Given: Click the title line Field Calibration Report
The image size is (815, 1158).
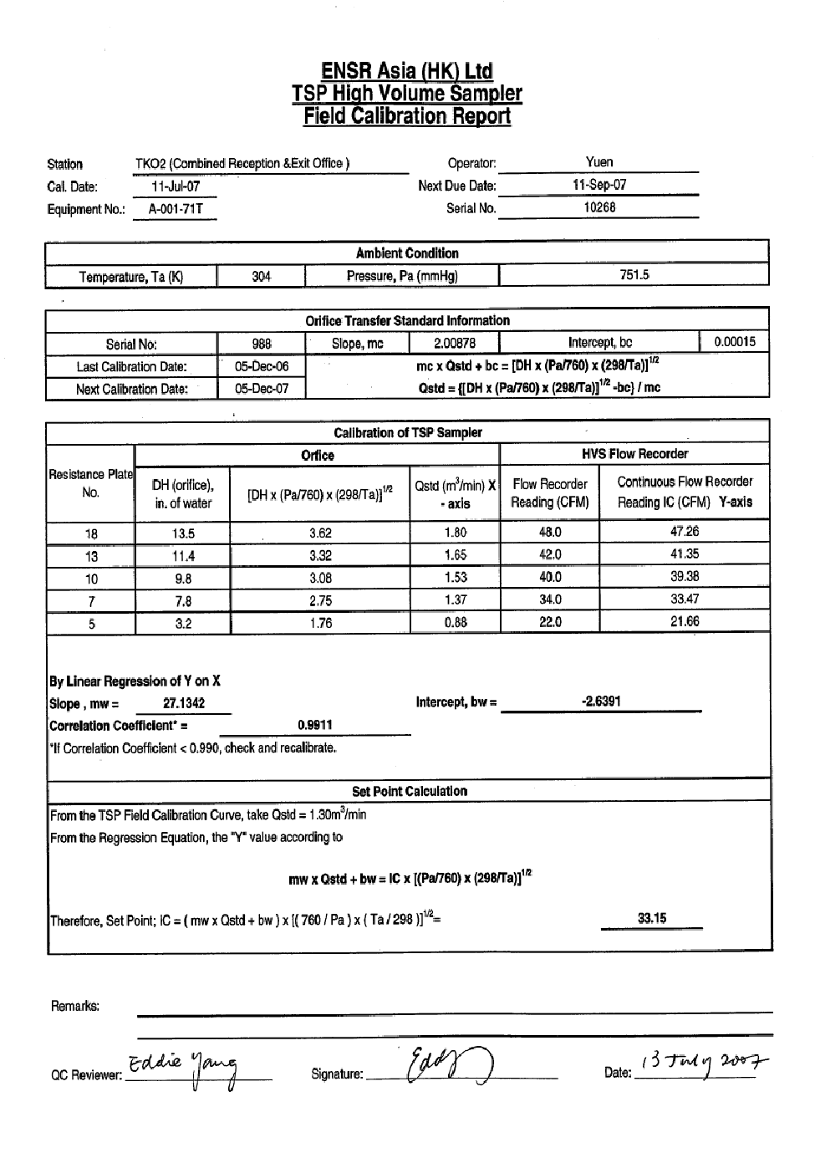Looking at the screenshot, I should click(x=407, y=116).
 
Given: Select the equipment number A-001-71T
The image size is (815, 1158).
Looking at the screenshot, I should click(x=176, y=209).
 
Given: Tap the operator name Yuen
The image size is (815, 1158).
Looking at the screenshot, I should click(x=599, y=162).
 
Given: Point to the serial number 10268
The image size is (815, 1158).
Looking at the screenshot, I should click(x=599, y=207).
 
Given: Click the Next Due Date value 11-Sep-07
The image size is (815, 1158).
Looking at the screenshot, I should click(x=599, y=185).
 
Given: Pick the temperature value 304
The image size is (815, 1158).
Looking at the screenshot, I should click(x=261, y=277).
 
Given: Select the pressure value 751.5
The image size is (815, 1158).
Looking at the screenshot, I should click(x=634, y=275).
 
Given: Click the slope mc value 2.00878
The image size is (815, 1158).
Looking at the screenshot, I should click(x=455, y=343).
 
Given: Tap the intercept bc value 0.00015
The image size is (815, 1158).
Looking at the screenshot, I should click(x=735, y=341).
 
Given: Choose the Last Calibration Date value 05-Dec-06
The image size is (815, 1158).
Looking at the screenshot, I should click(x=262, y=366).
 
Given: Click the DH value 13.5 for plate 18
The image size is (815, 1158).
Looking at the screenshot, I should click(x=183, y=533).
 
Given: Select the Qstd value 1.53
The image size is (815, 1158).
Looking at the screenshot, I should click(x=456, y=577).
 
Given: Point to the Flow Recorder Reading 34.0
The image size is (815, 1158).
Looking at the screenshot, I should click(x=550, y=599).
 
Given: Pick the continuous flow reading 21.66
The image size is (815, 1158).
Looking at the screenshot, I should click(x=685, y=621).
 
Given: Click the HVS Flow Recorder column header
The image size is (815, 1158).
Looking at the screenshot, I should click(x=634, y=454).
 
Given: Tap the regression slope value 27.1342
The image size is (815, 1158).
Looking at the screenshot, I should click(x=184, y=703).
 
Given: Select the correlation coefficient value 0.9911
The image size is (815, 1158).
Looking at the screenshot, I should click(x=315, y=725).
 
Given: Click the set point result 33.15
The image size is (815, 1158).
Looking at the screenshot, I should click(x=652, y=918).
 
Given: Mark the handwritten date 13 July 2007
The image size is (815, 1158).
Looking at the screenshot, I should click(x=704, y=1063).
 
